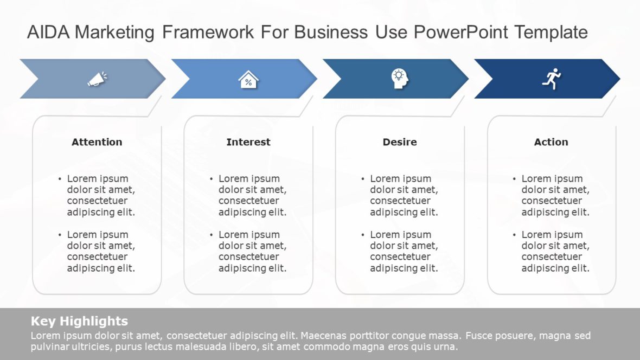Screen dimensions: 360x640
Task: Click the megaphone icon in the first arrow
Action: [x=97, y=79]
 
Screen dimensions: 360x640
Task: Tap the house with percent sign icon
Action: [x=248, y=80]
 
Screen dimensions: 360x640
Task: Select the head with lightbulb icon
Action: [x=400, y=79]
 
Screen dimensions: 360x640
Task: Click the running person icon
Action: [x=551, y=79]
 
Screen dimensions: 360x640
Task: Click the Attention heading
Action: [x=97, y=142]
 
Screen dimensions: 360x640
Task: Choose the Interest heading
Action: [x=248, y=142]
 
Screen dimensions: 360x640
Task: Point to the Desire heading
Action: [x=400, y=142]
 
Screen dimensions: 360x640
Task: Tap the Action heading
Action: [x=551, y=142]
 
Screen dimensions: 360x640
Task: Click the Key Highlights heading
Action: [x=79, y=320]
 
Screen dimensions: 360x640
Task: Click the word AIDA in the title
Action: [x=49, y=33]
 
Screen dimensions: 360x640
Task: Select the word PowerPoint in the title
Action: [x=462, y=33]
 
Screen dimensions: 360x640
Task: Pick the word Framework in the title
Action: [x=208, y=33]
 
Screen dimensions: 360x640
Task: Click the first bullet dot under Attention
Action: [x=60, y=179]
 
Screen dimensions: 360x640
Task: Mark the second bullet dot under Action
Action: [x=515, y=235]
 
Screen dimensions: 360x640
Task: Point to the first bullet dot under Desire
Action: [x=363, y=179]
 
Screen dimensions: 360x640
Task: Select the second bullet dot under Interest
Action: [x=212, y=235]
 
